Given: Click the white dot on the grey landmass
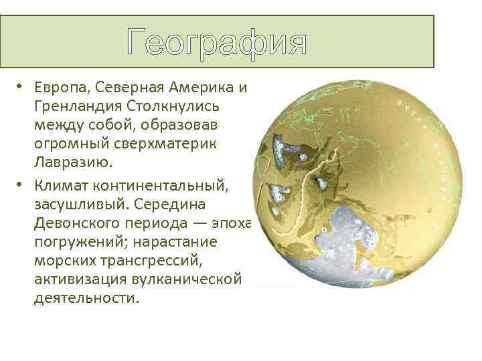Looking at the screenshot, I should pos(323,229).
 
